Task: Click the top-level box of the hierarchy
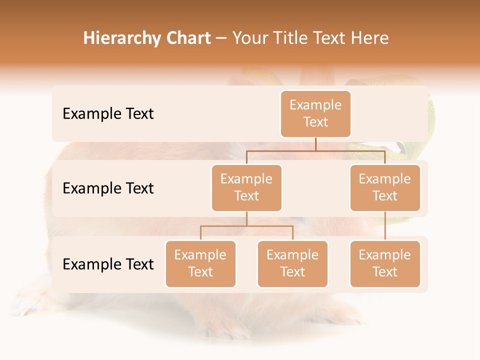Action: tap(315, 114)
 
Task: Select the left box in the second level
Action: tap(246, 188)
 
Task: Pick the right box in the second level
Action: tap(385, 188)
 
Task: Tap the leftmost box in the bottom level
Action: tap(200, 264)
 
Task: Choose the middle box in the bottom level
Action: tap(292, 264)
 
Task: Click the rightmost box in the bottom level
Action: tap(385, 264)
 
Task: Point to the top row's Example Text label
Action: tap(108, 114)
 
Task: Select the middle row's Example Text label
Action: tap(108, 188)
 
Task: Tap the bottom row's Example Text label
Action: tap(108, 264)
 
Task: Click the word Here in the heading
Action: tap(369, 38)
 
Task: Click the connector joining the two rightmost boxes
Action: tap(385, 226)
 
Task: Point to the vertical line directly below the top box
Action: tap(315, 144)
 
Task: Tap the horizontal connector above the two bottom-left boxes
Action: tap(246, 226)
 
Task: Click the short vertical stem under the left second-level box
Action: tap(246, 219)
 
